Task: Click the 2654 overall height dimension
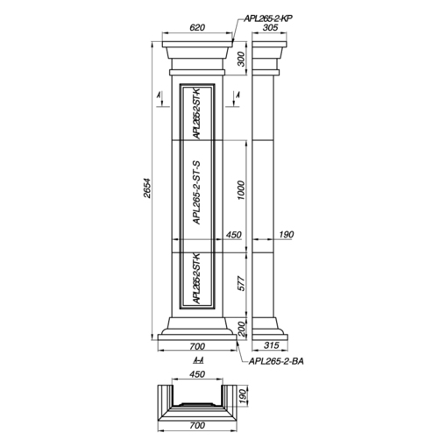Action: tap(147, 188)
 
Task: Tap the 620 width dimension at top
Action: tap(197, 27)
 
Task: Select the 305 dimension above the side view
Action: tap(270, 27)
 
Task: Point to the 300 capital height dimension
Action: tap(241, 59)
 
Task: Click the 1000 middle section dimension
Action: tap(241, 190)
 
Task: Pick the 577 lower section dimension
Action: tap(241, 283)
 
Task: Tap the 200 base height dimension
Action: tap(242, 329)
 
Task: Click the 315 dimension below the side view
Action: tap(272, 345)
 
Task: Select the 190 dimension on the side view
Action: tap(286, 234)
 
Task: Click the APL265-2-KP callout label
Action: tap(268, 18)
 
